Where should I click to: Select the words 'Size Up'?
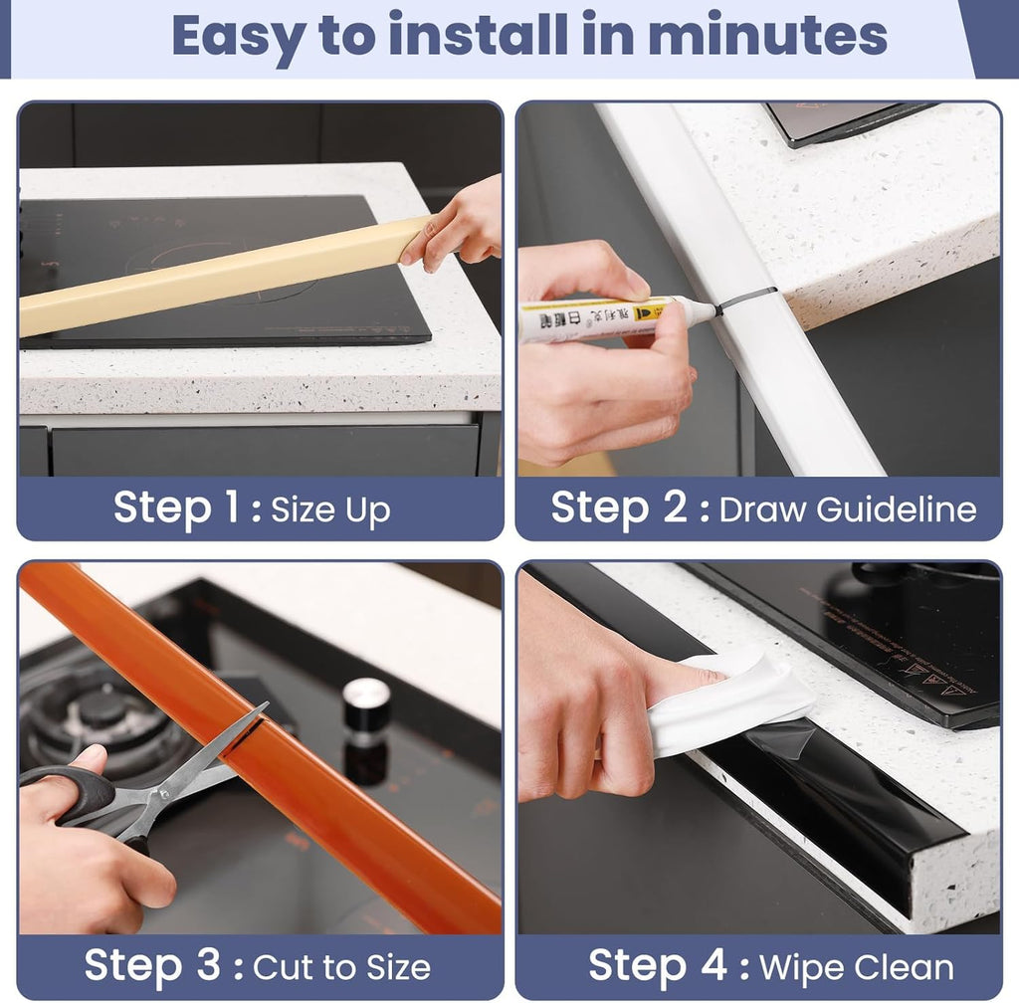pos(330,511)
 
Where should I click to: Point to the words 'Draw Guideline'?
pos(848,509)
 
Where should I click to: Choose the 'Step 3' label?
pos(147,965)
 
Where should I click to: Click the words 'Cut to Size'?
pos(342,967)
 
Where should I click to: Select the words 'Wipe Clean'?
pos(857,967)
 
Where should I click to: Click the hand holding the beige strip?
pos(458,227)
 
